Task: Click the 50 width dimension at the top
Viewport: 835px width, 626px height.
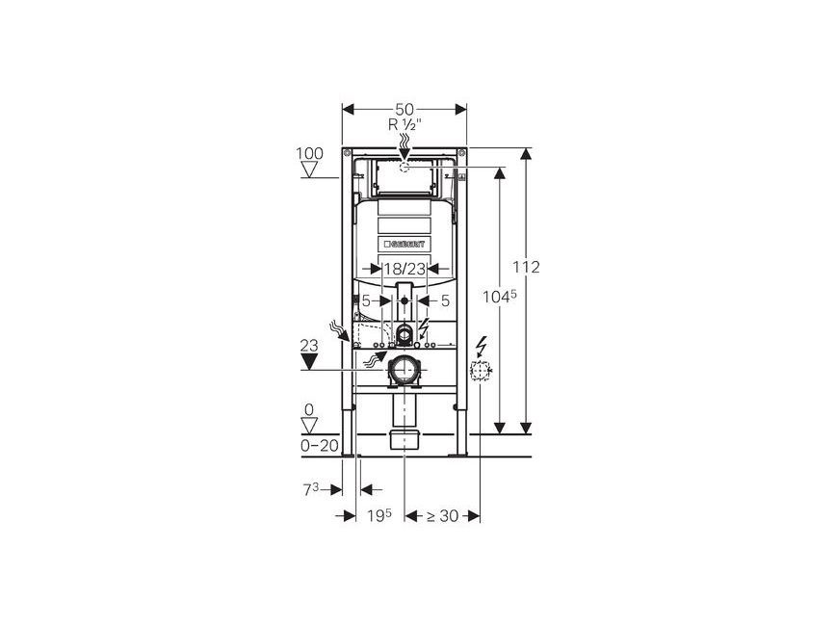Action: [x=404, y=109]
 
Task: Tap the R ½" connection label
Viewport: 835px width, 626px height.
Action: [x=404, y=125]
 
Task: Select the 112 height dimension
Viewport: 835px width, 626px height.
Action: [x=526, y=267]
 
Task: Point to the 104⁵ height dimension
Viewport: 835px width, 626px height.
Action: [x=500, y=297]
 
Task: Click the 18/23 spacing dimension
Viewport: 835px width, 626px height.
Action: [x=404, y=269]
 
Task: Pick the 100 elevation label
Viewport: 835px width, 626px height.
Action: [x=309, y=153]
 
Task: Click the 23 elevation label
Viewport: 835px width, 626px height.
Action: [x=309, y=346]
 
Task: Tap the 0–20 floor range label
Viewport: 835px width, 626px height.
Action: [x=320, y=446]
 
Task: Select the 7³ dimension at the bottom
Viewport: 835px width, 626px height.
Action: [x=311, y=489]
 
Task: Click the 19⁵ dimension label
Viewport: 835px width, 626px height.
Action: [x=378, y=515]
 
